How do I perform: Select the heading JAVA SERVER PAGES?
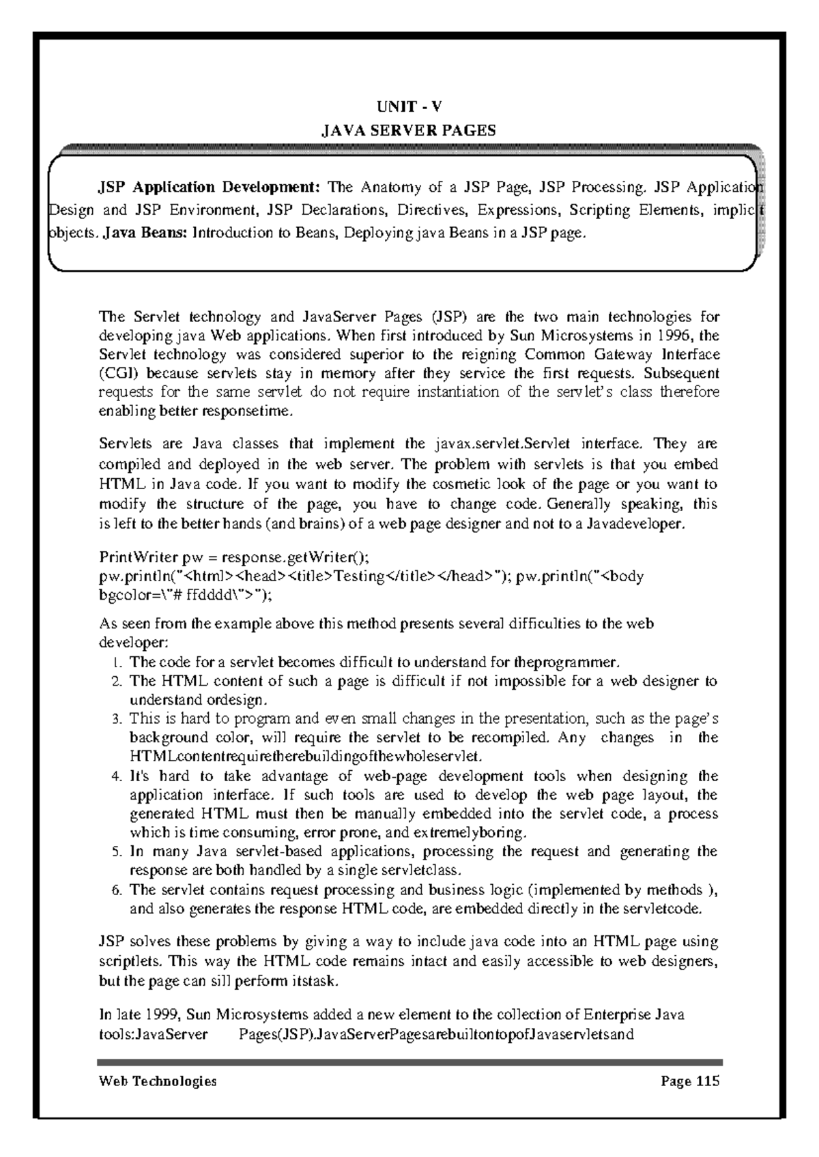pos(409,130)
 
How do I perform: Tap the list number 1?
pos(116,662)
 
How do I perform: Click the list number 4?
pos(116,776)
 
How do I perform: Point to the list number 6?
pos(116,890)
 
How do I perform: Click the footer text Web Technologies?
pos(158,1081)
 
